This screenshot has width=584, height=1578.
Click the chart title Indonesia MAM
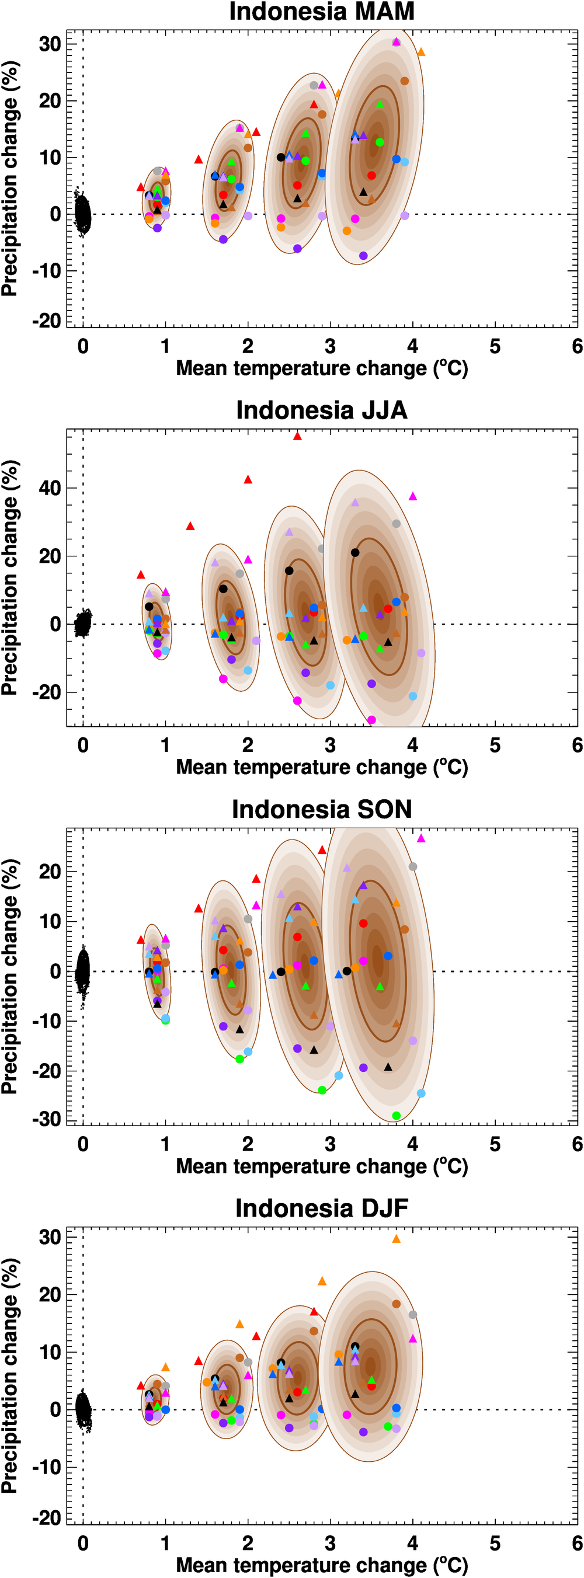pos(321,12)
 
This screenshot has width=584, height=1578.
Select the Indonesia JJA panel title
pos(321,410)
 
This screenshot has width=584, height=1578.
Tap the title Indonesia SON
pos(321,809)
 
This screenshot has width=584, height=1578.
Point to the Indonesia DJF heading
pos(321,1208)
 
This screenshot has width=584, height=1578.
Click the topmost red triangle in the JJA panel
pos(297,436)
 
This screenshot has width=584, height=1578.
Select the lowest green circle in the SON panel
pos(396,1116)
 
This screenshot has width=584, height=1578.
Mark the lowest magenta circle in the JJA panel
pos(371,720)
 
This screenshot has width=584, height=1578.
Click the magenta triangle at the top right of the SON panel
pos(420,838)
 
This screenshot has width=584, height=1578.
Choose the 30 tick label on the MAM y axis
pos(50,44)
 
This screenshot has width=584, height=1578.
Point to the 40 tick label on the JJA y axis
pos(50,488)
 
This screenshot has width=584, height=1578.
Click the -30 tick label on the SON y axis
pos(46,1119)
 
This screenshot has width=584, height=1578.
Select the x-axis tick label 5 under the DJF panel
pos(495,1544)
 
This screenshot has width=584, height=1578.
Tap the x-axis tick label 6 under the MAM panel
pos(576,347)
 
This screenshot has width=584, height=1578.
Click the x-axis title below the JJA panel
pos(321,768)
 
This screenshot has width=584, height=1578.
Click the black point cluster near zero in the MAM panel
pos(82,213)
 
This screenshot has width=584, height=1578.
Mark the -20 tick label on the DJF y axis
pos(46,1517)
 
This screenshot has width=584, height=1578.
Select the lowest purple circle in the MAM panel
pos(363,256)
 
